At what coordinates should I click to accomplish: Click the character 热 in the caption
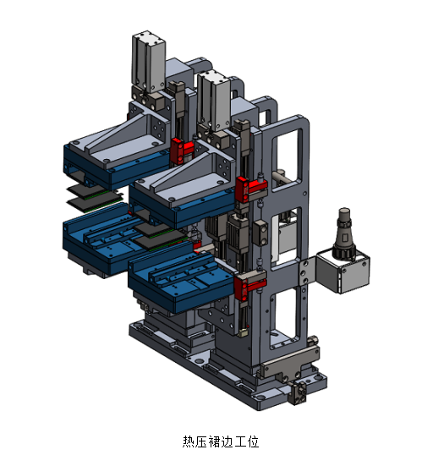click(x=189, y=441)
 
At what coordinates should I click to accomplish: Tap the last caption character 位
click(x=252, y=441)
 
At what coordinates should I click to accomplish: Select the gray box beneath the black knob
click(x=343, y=272)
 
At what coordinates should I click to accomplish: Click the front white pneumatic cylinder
click(x=214, y=101)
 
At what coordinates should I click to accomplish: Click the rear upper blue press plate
click(x=116, y=169)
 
